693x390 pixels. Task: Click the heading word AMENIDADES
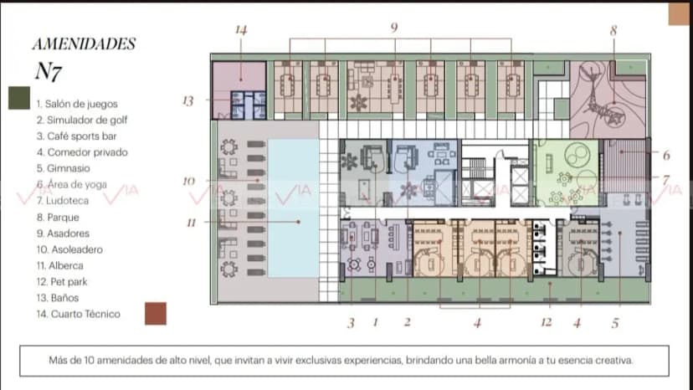click(x=84, y=44)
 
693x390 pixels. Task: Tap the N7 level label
click(x=49, y=71)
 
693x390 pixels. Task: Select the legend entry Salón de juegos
click(x=77, y=104)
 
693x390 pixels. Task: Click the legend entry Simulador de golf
click(x=82, y=120)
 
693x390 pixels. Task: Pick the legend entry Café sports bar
click(x=77, y=136)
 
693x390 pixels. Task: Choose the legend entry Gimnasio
click(x=64, y=168)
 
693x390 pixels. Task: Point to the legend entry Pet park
click(x=62, y=282)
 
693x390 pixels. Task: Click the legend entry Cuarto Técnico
click(x=79, y=314)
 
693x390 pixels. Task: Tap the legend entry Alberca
click(x=60, y=266)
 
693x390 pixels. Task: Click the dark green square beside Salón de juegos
click(x=19, y=98)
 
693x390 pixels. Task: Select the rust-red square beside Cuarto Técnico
click(x=156, y=314)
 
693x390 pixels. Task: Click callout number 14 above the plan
click(x=241, y=30)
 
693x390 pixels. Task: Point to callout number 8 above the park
click(x=613, y=30)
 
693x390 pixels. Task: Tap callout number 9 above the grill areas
click(x=394, y=28)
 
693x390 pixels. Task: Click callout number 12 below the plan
click(x=547, y=322)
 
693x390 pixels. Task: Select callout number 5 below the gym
click(x=615, y=323)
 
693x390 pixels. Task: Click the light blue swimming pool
click(x=294, y=208)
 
